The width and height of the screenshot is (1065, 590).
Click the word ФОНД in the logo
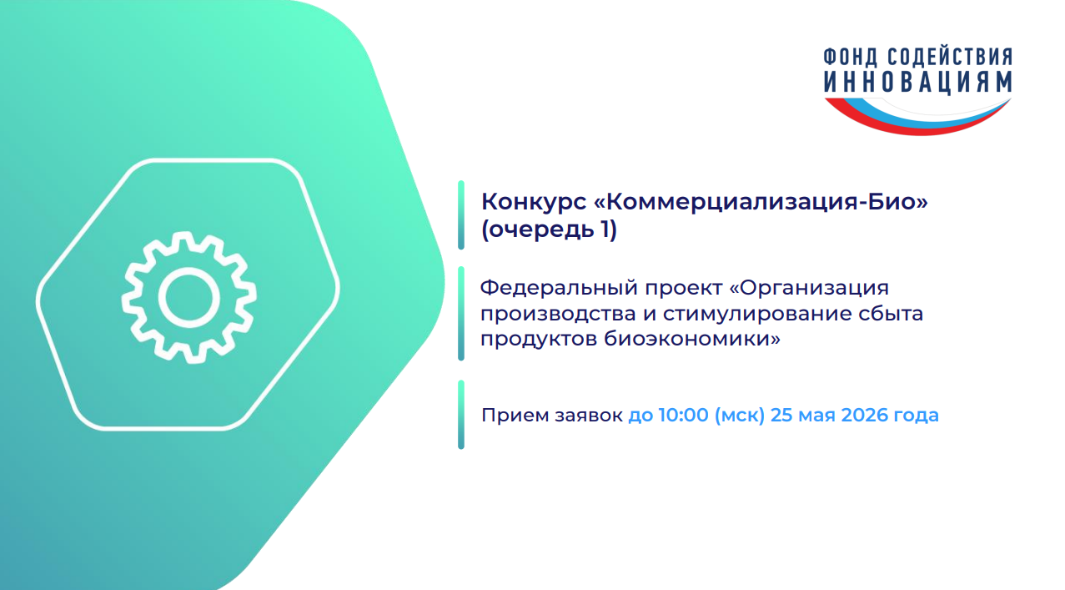851,57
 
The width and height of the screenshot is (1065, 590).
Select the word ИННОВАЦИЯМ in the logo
917,82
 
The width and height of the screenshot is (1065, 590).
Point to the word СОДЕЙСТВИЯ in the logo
950,57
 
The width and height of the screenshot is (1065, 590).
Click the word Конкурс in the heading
534,201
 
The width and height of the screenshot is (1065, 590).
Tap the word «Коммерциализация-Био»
761,201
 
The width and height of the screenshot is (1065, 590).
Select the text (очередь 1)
549,229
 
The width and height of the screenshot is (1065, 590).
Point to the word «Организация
809,289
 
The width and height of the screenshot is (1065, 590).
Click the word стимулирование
769,314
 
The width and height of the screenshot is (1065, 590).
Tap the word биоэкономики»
692,340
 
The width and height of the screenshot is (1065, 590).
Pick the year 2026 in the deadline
865,415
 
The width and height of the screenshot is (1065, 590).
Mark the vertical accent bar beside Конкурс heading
460,215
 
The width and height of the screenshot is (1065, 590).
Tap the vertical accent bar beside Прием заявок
460,415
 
